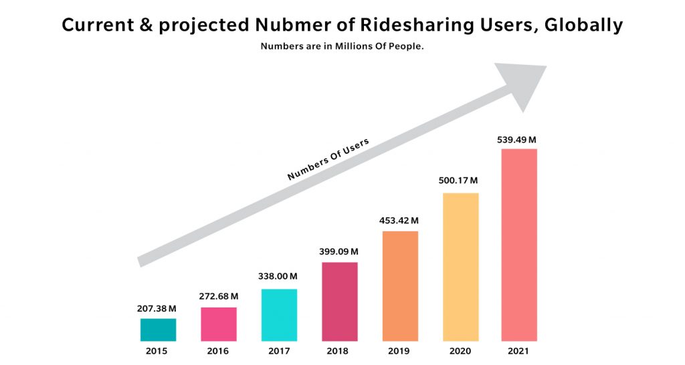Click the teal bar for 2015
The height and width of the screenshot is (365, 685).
click(158, 330)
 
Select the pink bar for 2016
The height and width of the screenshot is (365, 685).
click(219, 324)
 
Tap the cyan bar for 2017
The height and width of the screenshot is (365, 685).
click(279, 315)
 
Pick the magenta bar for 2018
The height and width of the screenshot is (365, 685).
click(339, 301)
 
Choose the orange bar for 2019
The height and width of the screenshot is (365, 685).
click(400, 286)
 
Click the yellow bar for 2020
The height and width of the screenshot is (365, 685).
click(460, 267)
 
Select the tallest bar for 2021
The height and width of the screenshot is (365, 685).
click(519, 245)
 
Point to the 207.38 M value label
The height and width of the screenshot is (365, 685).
click(158, 309)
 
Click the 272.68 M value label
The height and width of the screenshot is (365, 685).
click(219, 296)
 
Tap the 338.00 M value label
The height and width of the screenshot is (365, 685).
click(278, 276)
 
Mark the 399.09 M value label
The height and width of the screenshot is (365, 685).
click(338, 251)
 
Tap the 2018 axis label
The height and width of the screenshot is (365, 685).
click(339, 351)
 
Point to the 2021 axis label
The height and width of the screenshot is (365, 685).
click(519, 351)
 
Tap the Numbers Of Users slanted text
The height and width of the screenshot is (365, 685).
click(328, 160)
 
